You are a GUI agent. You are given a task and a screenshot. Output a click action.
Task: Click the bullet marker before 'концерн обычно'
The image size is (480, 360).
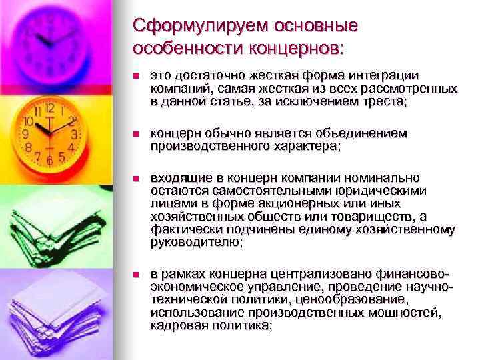pyautogui.click(x=137, y=135)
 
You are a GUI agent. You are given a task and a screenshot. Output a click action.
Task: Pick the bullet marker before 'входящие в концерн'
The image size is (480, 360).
pyautogui.click(x=137, y=179)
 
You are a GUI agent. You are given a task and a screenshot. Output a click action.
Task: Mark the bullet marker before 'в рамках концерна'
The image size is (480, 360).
pyautogui.click(x=137, y=275)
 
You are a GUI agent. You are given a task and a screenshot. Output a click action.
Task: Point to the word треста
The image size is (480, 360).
pyautogui.click(x=382, y=101)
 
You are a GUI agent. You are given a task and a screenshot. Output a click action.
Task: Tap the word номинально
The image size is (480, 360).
pyautogui.click(x=380, y=178)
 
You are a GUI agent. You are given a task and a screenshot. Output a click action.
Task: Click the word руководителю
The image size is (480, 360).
pyautogui.click(x=196, y=243)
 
